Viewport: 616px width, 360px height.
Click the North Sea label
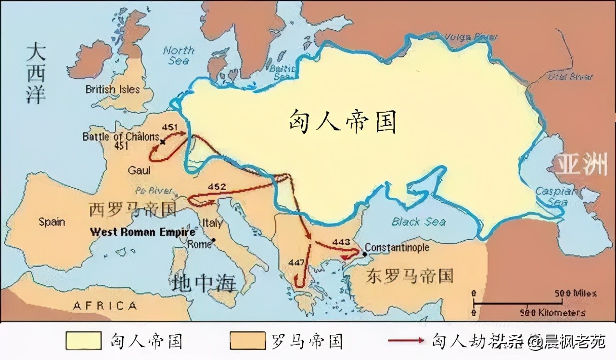(x=179, y=55)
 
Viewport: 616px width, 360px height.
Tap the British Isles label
(x=113, y=90)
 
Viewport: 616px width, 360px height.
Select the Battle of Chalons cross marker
(x=163, y=141)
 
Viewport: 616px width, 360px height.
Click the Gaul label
(x=139, y=170)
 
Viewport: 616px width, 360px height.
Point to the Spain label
(x=51, y=222)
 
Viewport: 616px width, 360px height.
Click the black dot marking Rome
(x=213, y=240)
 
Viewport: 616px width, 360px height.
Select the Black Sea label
(x=418, y=222)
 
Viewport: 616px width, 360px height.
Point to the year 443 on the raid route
(x=341, y=242)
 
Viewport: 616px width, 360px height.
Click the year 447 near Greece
(x=297, y=262)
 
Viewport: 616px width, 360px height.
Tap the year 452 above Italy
(x=217, y=186)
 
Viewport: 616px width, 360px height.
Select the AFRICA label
(x=104, y=305)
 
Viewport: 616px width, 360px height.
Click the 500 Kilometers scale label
(x=552, y=313)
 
